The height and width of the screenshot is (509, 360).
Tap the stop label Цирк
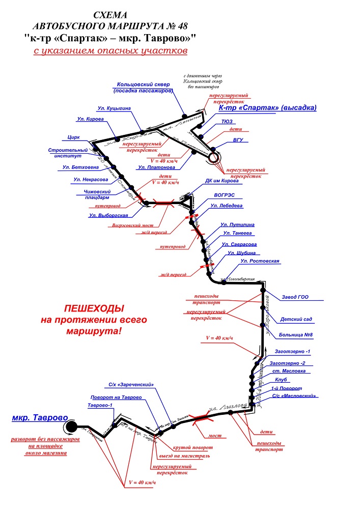[x=74, y=137]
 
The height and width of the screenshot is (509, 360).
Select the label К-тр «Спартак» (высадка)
[x=267, y=108]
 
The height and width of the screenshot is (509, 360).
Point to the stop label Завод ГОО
[x=295, y=297]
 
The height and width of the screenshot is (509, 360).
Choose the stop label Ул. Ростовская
[x=260, y=261]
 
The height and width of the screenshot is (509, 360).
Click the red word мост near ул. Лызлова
[x=214, y=436]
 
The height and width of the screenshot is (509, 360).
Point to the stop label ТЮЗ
[x=228, y=122]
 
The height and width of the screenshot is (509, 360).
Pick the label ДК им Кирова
[x=221, y=180]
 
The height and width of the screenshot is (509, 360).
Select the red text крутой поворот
[x=192, y=447]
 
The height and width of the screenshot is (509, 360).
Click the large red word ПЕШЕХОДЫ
[x=94, y=309]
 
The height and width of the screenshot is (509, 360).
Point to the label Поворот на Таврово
[x=116, y=397]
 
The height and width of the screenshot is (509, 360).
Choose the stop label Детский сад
[x=296, y=319]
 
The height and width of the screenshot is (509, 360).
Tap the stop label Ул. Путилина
[x=237, y=224]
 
